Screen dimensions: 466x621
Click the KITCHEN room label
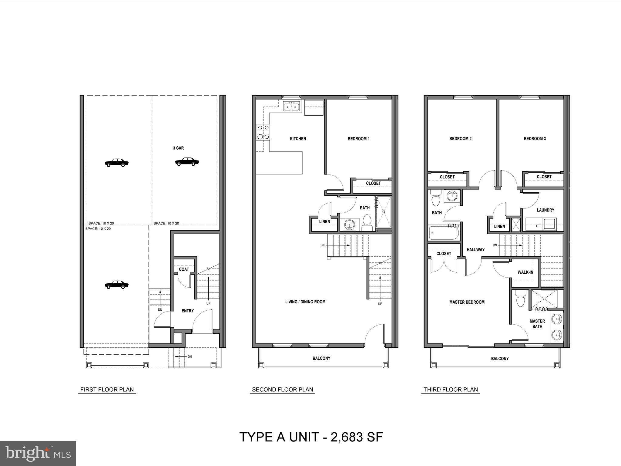298,139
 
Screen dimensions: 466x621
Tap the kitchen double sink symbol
292,107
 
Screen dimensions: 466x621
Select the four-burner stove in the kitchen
263,132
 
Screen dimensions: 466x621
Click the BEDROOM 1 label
358,139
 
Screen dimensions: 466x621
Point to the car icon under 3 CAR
187,162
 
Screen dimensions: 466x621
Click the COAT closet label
184,269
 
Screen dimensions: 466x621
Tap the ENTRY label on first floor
187,311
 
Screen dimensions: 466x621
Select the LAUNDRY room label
545,210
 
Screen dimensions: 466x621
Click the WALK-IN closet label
525,272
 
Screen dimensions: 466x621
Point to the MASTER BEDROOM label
467,302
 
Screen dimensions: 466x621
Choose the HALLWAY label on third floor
475,250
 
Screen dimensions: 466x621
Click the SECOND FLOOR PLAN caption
282,390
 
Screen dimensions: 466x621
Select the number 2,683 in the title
347,437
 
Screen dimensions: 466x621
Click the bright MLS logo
38,453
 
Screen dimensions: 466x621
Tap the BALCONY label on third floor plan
500,359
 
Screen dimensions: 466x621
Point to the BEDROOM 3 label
535,139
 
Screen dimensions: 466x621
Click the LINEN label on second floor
324,221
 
